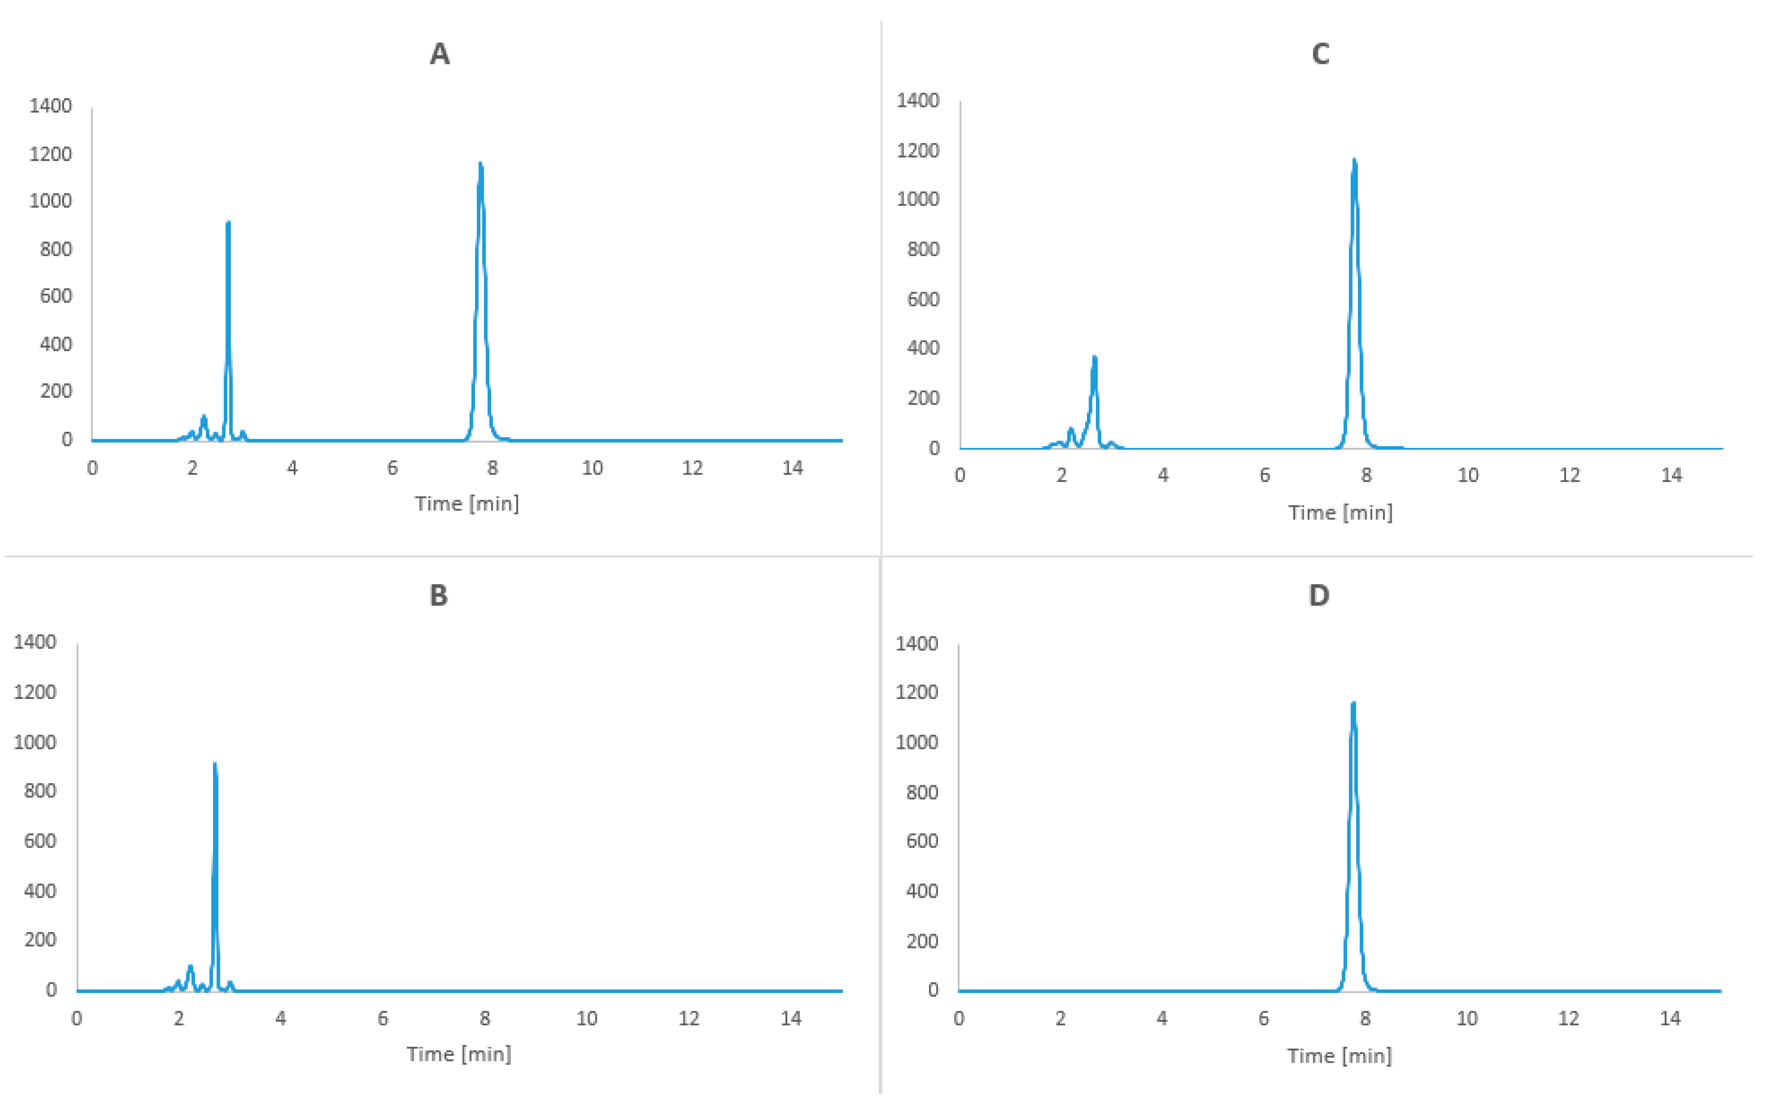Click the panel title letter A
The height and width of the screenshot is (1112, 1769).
pyautogui.click(x=439, y=54)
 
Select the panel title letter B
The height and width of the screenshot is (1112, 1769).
pyautogui.click(x=438, y=595)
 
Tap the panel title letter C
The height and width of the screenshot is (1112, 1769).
pyautogui.click(x=1320, y=54)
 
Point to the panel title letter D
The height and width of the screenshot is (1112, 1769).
pyautogui.click(x=1319, y=595)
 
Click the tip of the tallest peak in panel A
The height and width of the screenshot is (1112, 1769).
pyautogui.click(x=480, y=164)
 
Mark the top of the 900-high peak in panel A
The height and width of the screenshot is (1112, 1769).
pyautogui.click(x=228, y=222)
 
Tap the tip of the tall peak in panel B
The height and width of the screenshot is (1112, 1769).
pyautogui.click(x=215, y=764)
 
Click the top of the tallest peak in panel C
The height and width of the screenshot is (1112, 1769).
pyautogui.click(x=1354, y=160)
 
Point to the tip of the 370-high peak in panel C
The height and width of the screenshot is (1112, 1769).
pyautogui.click(x=1095, y=358)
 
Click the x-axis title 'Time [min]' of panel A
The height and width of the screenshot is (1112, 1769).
pyautogui.click(x=467, y=504)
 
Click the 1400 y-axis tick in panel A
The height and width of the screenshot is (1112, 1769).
pyautogui.click(x=51, y=106)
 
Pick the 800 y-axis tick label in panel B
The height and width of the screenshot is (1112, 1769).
pyautogui.click(x=40, y=791)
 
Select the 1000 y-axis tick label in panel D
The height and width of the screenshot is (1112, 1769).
pyautogui.click(x=916, y=742)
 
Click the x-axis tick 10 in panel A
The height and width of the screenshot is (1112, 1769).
pyautogui.click(x=592, y=468)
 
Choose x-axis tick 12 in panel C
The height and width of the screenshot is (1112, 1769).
pyautogui.click(x=1570, y=475)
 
